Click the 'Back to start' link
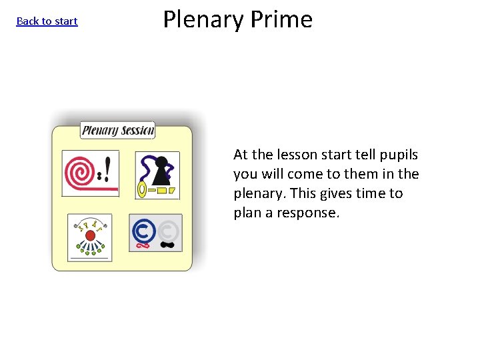click(x=47, y=21)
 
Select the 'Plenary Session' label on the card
click(x=118, y=130)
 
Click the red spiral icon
click(x=79, y=172)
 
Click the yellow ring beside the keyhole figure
click(x=141, y=190)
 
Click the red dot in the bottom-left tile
click(x=90, y=236)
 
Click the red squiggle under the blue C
click(x=141, y=245)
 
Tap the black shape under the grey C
click(x=168, y=245)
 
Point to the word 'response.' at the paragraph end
click(x=311, y=213)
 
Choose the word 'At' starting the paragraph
click(x=241, y=155)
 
